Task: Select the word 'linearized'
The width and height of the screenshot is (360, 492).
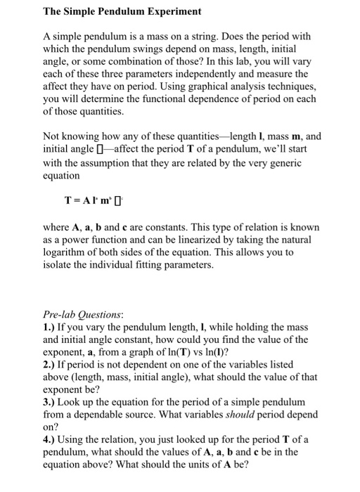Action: (221, 240)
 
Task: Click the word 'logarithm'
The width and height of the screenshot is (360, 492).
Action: (67, 252)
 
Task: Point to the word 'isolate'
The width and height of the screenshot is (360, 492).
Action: (57, 265)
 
